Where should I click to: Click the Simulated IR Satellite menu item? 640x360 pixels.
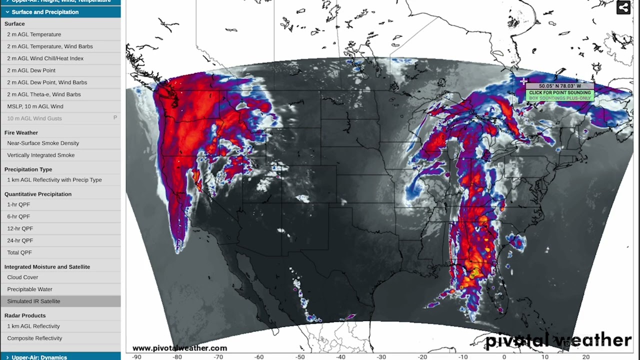[x=33, y=301]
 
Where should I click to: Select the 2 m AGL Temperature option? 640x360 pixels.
[x=34, y=34]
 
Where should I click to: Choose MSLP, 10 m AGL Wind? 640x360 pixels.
[x=35, y=106]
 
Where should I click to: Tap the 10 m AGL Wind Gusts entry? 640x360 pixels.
[x=34, y=118]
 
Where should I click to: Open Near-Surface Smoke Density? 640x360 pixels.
[x=43, y=143]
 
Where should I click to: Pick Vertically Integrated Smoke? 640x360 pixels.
[x=40, y=155]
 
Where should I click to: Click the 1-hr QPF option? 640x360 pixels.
[x=18, y=204]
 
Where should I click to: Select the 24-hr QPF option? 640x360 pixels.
[x=20, y=240]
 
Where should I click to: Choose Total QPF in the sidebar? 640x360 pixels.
[x=19, y=252]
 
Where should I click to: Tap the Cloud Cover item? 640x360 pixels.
[x=22, y=277]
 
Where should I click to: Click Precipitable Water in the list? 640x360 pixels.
[x=29, y=289]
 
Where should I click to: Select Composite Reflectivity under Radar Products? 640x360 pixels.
[x=34, y=338]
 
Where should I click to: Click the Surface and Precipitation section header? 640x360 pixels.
[x=45, y=12]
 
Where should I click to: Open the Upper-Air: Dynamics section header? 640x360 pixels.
[x=39, y=357]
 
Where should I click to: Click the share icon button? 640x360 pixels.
[x=623, y=7]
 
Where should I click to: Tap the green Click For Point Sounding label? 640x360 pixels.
[x=560, y=93]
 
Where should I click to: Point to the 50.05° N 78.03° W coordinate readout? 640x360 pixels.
[x=560, y=86]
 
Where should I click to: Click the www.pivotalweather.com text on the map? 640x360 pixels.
[x=179, y=348]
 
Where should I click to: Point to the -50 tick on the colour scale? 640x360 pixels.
[x=299, y=357]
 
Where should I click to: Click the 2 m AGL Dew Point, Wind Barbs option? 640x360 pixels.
[x=47, y=82]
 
